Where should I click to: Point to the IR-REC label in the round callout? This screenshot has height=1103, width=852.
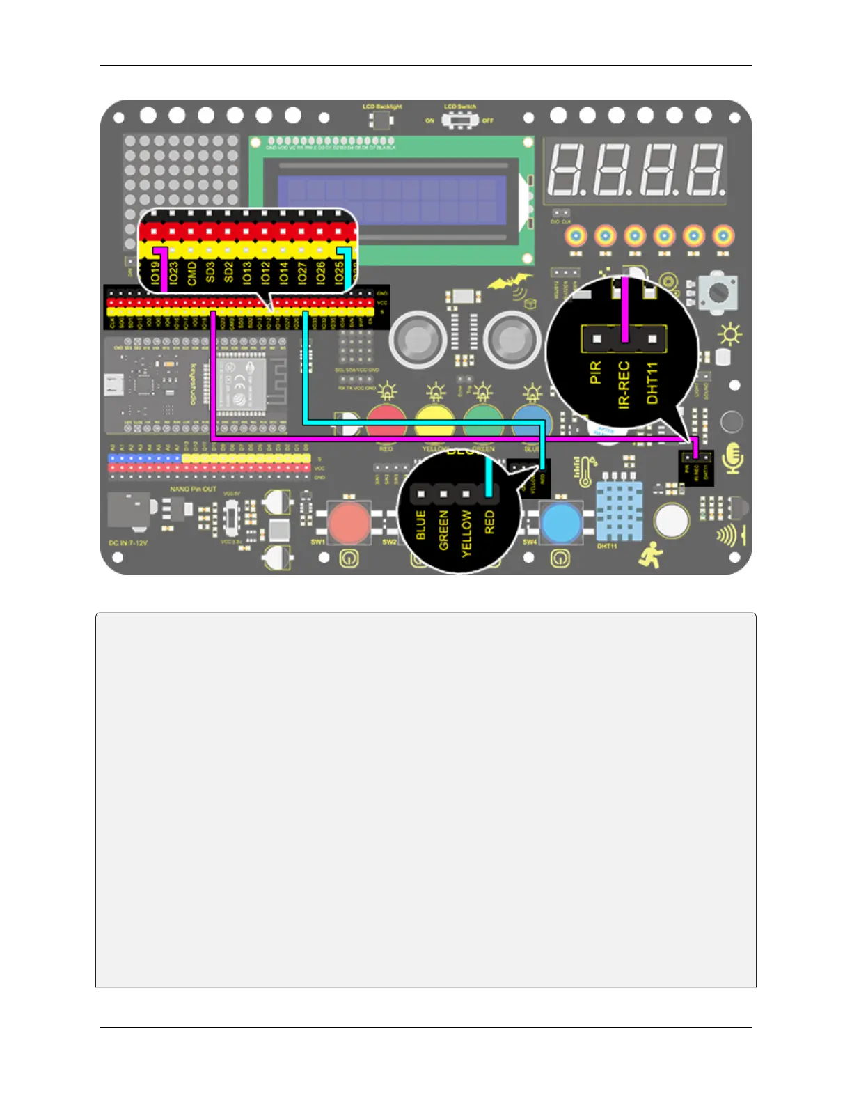[624, 384]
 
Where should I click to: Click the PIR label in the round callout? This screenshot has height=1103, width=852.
[596, 373]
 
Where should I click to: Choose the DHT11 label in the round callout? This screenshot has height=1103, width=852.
[652, 382]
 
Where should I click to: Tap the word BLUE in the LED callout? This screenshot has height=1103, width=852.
[420, 525]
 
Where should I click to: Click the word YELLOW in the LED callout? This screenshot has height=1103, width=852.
[466, 533]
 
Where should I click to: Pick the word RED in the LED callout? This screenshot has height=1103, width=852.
[489, 522]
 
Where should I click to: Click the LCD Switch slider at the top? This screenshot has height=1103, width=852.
[460, 120]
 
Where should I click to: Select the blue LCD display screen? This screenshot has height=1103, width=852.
[391, 198]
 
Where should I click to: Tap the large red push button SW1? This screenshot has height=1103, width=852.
[349, 522]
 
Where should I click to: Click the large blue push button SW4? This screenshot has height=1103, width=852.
[561, 522]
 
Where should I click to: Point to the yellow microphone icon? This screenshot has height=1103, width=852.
[733, 457]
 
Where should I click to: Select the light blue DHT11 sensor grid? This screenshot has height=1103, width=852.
[620, 512]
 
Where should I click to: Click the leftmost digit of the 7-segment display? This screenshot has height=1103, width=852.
[567, 170]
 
